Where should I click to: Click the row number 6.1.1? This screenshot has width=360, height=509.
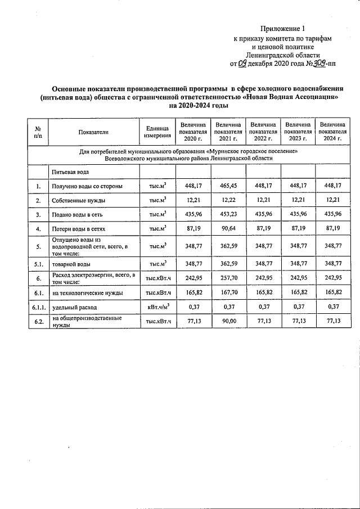tap(38, 308)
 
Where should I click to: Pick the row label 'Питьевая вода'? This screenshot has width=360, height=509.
tap(70, 170)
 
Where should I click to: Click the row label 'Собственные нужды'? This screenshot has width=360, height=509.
tap(79, 200)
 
